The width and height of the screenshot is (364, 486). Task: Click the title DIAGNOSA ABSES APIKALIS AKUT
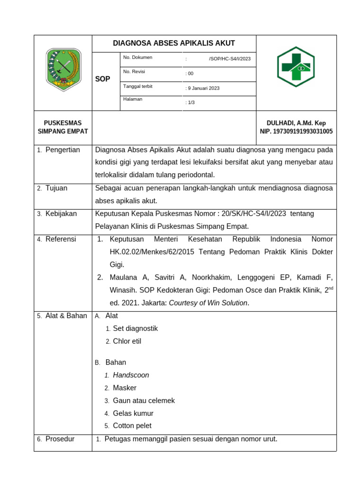coord(174,43)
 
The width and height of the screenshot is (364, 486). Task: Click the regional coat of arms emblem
coord(64,69)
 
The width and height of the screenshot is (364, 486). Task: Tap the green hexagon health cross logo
coord(296,67)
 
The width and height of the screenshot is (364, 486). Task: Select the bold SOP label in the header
coord(102,79)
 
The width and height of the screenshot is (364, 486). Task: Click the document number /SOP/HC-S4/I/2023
coord(229,59)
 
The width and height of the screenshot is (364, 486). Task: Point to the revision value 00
coord(190,74)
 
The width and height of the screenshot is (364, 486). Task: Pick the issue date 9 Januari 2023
coord(202,88)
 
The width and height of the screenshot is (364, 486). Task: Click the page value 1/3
coord(190,103)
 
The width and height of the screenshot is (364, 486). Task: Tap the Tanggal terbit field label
coord(137,86)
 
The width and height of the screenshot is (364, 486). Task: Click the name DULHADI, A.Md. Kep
coord(296,123)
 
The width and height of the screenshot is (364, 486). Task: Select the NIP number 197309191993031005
coord(296,131)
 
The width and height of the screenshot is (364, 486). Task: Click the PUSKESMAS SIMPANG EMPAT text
coord(63,127)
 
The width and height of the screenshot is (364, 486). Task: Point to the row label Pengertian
coord(63,150)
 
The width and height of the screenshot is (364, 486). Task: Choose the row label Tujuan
coord(56,188)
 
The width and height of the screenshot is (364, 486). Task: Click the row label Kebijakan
coord(61,214)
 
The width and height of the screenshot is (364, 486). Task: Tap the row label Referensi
coord(61,239)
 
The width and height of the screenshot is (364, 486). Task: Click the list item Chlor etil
coord(127,341)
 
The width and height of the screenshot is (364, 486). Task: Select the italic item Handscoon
coord(131,375)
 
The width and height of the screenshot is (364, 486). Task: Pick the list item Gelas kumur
coord(133,413)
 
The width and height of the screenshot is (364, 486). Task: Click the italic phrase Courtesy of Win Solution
coord(208,303)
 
